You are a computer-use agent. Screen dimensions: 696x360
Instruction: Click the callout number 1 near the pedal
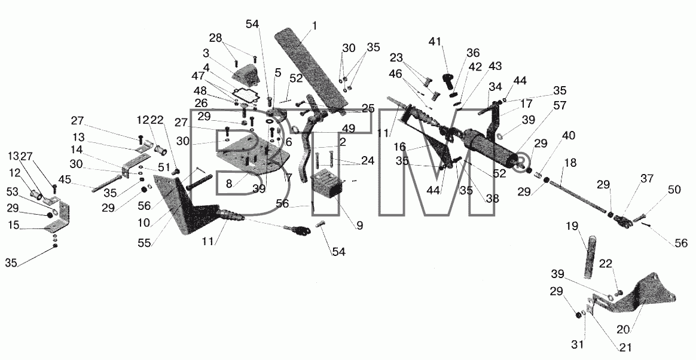click(x=315, y=26)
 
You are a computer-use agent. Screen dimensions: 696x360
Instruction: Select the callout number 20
click(x=624, y=330)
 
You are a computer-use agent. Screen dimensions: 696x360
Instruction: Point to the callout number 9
click(x=359, y=225)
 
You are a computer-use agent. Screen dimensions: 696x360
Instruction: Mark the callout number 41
click(x=435, y=42)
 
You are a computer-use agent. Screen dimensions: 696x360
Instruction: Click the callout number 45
click(x=65, y=180)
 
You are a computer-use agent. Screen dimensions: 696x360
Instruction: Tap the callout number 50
click(x=674, y=190)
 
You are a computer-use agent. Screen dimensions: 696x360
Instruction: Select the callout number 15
click(x=14, y=225)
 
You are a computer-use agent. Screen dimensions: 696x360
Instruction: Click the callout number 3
click(x=206, y=54)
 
